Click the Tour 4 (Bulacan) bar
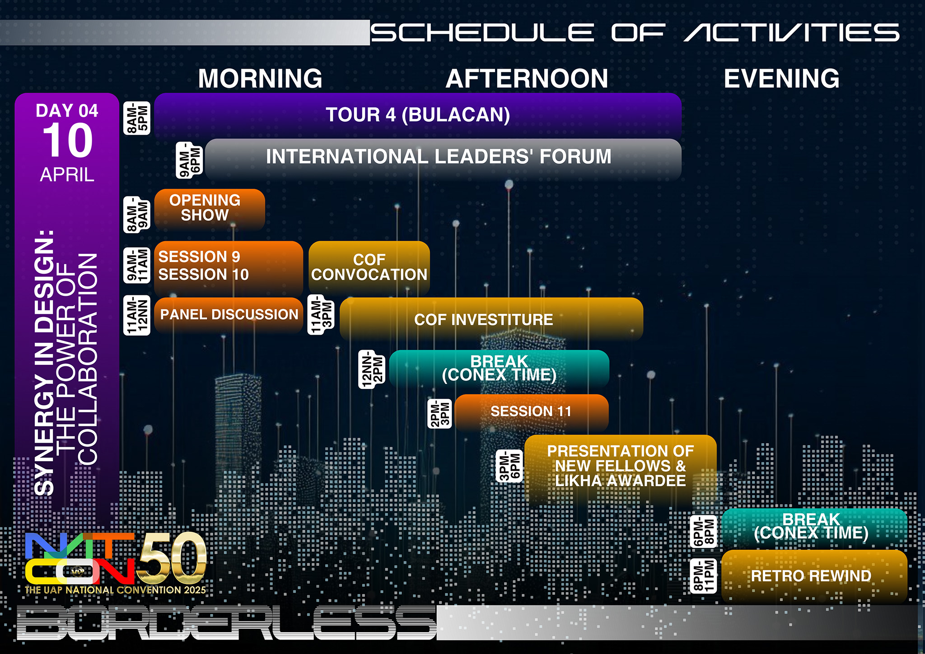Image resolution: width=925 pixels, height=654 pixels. point(418,115)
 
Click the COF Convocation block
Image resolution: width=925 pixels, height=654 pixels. point(369,267)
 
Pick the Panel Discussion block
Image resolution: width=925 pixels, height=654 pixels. point(229,315)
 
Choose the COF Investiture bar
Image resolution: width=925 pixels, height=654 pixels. point(491,319)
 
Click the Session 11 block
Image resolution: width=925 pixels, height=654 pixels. point(531,411)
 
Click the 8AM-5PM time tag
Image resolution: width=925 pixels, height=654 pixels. point(137,118)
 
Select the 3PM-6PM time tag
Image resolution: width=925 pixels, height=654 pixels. point(509,466)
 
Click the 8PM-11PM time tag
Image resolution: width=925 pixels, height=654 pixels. point(703,576)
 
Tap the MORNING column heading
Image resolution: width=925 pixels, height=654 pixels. point(260,79)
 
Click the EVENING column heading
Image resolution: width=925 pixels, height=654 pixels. point(781,79)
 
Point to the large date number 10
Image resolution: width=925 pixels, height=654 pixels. point(68,140)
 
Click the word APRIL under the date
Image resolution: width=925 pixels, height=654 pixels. point(67,175)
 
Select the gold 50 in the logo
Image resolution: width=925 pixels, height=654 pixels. point(172,559)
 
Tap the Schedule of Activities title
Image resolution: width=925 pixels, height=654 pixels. point(635,33)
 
